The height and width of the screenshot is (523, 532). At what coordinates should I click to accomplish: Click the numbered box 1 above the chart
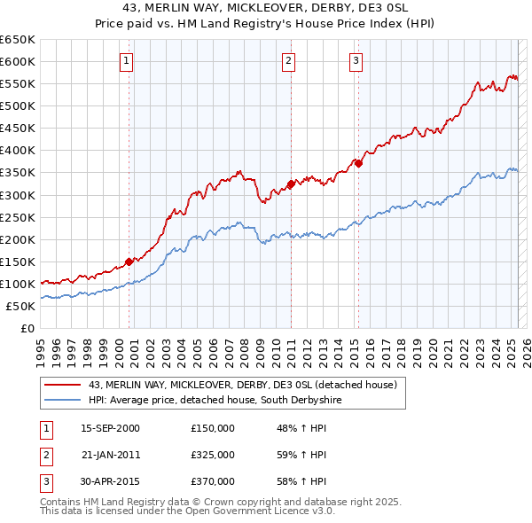pos(127,61)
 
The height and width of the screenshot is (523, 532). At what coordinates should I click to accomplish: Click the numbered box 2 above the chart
pos(289,61)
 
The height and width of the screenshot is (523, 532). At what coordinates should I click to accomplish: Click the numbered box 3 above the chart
pos(356,61)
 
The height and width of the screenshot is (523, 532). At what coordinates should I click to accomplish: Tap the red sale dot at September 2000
pos(129,261)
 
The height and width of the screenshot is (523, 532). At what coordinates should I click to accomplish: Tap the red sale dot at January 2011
pos(291,184)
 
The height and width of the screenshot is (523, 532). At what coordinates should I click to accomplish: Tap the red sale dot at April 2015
pos(358,163)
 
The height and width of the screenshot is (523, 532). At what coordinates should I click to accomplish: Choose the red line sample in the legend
pos(61,385)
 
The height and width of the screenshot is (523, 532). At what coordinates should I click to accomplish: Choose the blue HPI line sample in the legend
pos(61,401)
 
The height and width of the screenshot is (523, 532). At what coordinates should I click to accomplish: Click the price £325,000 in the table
pos(212,455)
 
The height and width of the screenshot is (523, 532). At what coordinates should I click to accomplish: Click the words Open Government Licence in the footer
pos(256,511)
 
